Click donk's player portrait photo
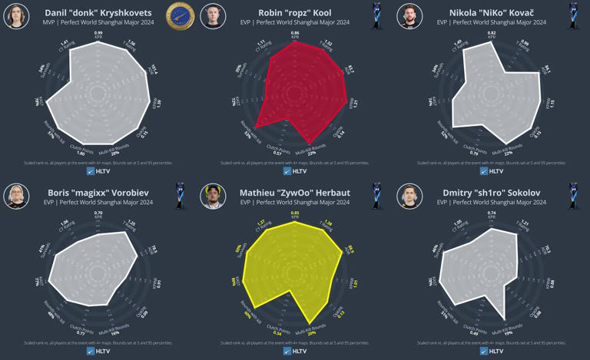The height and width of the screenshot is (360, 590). tap(16, 16)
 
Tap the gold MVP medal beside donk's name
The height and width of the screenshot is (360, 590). tap(181, 15)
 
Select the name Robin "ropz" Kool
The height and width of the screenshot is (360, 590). tap(295, 13)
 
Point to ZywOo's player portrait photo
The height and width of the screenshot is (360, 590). tap(213, 197)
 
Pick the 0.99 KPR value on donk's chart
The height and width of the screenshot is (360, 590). tap(98, 34)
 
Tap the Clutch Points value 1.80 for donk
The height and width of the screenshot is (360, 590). tap(81, 154)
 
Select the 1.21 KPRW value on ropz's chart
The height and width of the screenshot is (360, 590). tap(356, 103)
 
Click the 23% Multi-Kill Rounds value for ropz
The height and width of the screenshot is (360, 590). tap(314, 154)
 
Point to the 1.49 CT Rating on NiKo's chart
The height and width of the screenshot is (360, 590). tap(459, 44)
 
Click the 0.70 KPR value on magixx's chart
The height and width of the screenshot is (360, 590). tap(98, 213)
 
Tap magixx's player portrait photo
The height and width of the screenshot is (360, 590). tap(16, 197)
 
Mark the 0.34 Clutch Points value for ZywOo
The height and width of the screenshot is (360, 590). tap(277, 333)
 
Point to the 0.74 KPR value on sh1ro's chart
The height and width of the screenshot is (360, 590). tap(492, 213)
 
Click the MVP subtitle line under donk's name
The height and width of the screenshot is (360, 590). tap(98, 23)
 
